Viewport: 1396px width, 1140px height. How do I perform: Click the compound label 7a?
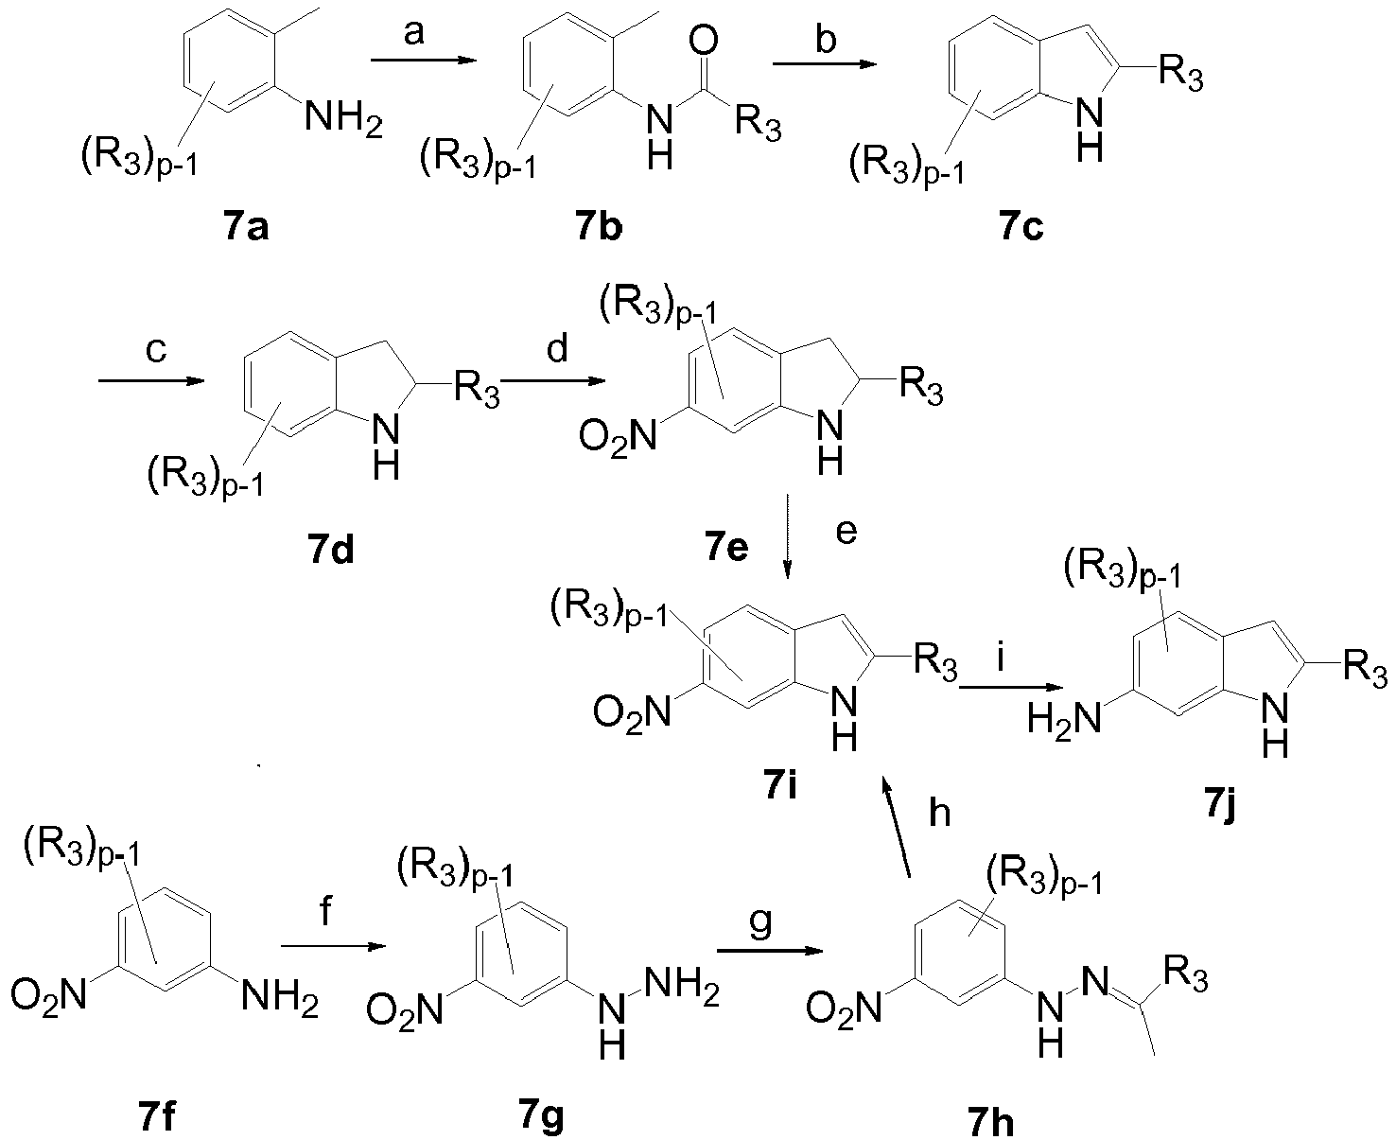(x=246, y=228)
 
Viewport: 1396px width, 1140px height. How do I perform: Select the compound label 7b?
(x=598, y=228)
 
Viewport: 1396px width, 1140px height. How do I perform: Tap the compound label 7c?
(x=1021, y=228)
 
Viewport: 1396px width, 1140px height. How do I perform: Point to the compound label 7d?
(x=330, y=551)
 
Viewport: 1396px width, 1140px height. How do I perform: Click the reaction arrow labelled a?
(x=424, y=61)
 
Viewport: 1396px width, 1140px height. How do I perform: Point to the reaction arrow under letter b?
(x=824, y=65)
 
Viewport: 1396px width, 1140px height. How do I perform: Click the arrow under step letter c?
(x=151, y=381)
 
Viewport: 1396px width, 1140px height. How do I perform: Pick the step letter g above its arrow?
(x=760, y=923)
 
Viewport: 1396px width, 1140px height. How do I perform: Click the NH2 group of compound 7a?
(x=343, y=120)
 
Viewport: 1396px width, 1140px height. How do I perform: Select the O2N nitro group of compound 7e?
(x=618, y=436)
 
